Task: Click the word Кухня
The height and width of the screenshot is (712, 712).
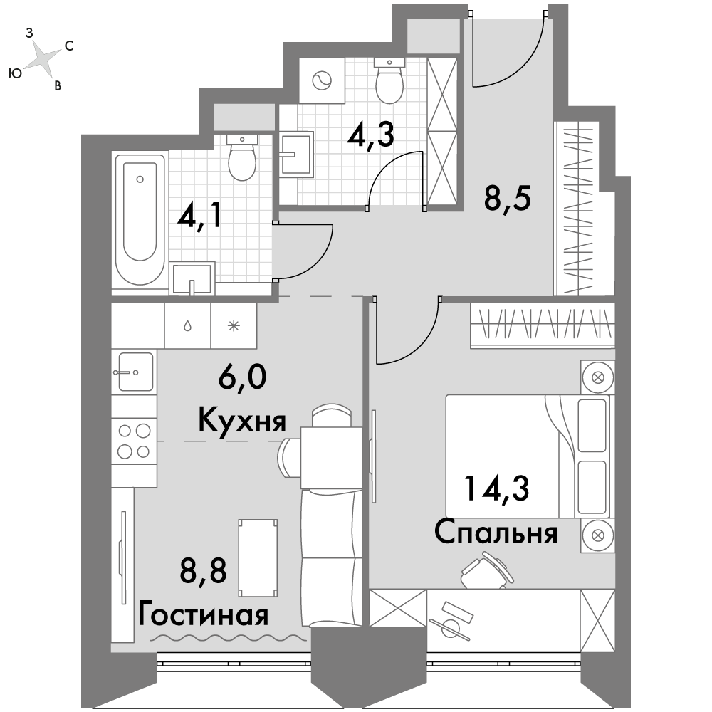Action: [x=242, y=421]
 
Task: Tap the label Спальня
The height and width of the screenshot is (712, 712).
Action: [x=496, y=533]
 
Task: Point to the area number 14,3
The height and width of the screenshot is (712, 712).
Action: [x=496, y=488]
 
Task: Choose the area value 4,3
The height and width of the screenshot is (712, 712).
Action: [x=370, y=135]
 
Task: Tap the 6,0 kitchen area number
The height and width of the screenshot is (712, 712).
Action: [x=242, y=377]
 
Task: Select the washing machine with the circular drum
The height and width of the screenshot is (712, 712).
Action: [x=323, y=81]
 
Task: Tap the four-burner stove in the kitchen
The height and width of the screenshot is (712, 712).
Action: [x=134, y=441]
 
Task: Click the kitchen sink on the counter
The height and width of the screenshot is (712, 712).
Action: [x=135, y=372]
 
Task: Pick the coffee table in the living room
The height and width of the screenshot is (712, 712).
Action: [x=258, y=558]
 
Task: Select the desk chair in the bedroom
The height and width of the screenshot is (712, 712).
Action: [x=487, y=571]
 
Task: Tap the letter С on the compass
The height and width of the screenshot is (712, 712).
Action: [x=69, y=46]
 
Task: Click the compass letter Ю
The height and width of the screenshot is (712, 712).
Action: [x=15, y=73]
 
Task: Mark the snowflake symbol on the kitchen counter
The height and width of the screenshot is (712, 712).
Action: [x=234, y=325]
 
